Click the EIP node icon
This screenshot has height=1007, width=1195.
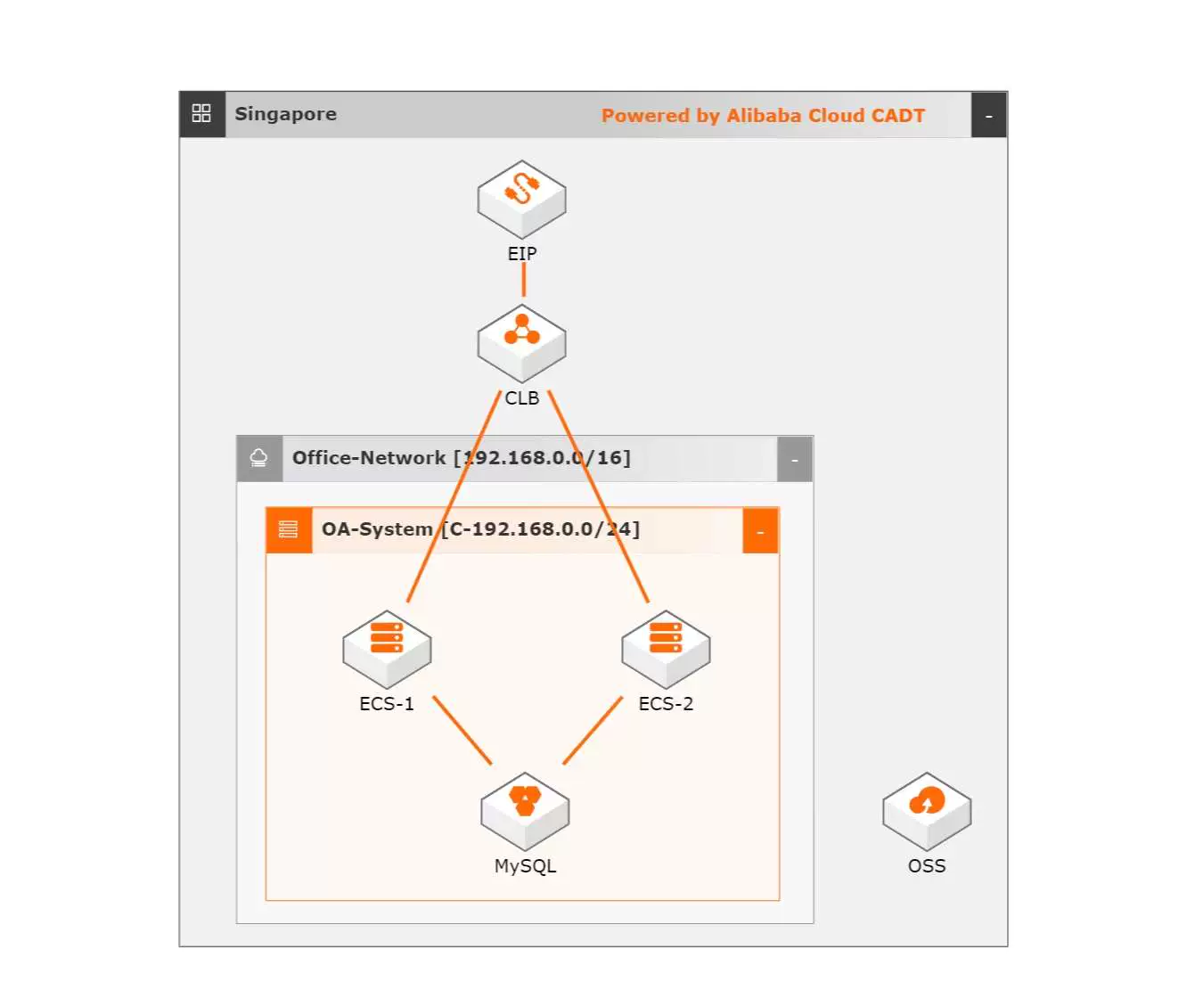521,199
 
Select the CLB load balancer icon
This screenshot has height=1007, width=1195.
521,343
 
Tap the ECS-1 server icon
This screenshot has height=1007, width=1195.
387,648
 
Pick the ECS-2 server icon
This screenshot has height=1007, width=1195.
666,648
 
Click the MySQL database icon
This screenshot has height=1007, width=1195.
525,810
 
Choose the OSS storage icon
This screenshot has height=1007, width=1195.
927,810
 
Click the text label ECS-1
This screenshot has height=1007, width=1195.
387,704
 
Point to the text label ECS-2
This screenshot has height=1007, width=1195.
666,704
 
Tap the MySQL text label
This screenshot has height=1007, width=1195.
525,866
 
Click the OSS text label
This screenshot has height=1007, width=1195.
927,866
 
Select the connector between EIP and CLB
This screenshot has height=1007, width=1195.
523,280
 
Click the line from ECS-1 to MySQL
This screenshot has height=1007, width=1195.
462,730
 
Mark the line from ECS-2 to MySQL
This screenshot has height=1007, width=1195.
593,730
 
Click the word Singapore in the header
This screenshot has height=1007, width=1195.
285,114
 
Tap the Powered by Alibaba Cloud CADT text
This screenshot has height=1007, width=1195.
763,116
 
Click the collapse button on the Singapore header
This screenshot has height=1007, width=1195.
988,116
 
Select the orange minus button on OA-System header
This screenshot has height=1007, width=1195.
760,531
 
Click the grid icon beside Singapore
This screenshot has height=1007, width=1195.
201,114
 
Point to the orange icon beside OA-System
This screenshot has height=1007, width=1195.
289,530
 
